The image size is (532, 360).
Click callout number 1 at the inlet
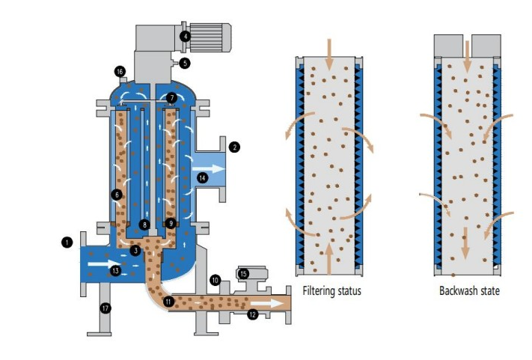click(67, 242)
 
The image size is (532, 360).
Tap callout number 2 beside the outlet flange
click(234, 147)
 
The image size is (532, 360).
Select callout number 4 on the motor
click(185, 35)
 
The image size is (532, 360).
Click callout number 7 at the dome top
click(171, 98)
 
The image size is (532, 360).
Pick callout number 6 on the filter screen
click(116, 195)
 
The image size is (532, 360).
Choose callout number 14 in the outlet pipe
click(201, 178)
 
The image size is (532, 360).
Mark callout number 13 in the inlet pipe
click(114, 270)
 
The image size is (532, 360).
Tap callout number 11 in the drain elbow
click(168, 301)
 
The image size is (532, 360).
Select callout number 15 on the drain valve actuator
click(242, 274)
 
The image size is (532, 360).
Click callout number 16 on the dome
click(120, 72)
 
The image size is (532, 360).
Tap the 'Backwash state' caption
click(468, 290)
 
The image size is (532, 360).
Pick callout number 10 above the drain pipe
click(215, 280)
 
